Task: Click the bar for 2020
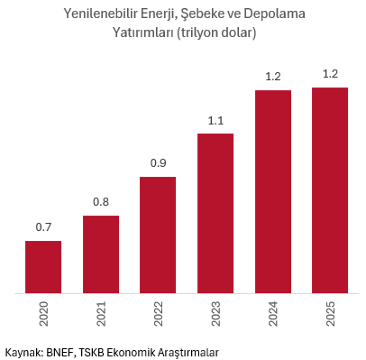(x=43, y=267)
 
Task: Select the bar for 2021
(x=101, y=254)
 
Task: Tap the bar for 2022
(x=158, y=235)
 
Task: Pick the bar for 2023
(x=215, y=213)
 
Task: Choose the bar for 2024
(x=273, y=191)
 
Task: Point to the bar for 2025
(x=330, y=190)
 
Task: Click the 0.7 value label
(x=43, y=227)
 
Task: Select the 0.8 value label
(x=101, y=202)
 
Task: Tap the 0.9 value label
(x=158, y=163)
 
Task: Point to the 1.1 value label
(x=215, y=121)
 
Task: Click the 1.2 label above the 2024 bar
(x=273, y=77)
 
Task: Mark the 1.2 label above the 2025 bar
(x=330, y=74)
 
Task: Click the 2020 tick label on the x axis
(x=44, y=314)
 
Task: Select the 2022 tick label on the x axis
(x=159, y=314)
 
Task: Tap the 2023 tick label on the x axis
(x=215, y=314)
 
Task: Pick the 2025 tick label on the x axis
(x=330, y=314)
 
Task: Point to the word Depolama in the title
(x=274, y=14)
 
